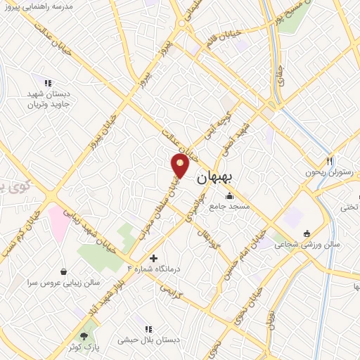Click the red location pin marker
pyautogui.click(x=181, y=165)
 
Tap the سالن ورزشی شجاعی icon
pyautogui.click(x=306, y=233)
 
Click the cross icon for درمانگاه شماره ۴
pyautogui.click(x=154, y=257)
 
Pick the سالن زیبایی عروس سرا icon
pyautogui.click(x=64, y=271)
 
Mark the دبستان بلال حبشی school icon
pyautogui.click(x=148, y=328)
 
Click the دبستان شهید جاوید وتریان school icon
pyautogui.click(x=48, y=83)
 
